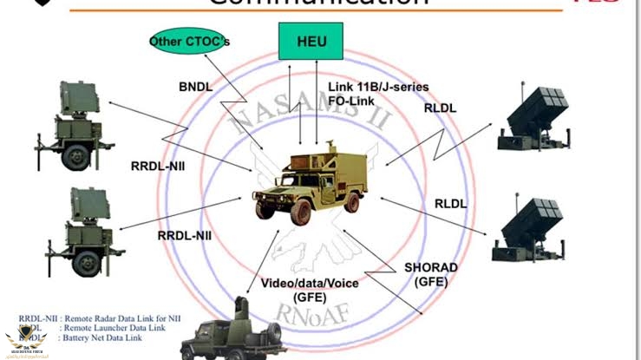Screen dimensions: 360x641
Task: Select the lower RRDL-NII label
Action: (x=185, y=234)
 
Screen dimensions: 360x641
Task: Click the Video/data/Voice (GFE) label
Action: (x=310, y=289)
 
